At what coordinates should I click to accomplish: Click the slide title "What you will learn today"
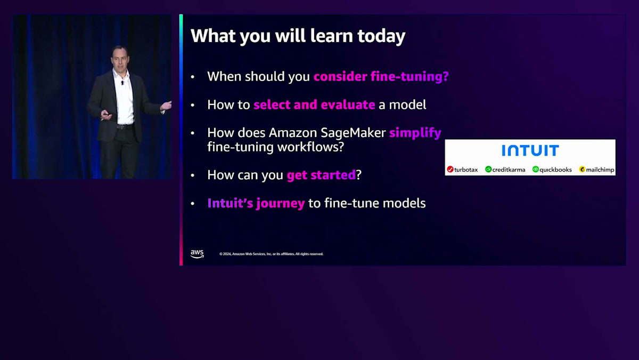coord(298,36)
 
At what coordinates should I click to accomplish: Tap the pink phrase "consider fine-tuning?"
coord(381,77)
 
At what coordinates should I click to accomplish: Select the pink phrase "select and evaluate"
coord(314,105)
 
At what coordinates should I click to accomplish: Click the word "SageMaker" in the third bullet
coord(353,133)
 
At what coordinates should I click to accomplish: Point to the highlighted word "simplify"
coord(415,133)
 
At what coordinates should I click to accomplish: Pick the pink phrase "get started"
coord(321,175)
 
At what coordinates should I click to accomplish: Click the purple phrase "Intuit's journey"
coord(256,203)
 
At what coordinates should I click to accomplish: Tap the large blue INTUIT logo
coord(530,150)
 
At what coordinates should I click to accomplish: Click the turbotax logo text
coord(466,170)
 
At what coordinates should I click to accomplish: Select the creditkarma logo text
coord(509,170)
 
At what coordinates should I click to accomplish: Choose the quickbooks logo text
coord(555,170)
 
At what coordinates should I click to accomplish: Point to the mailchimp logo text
coord(600,170)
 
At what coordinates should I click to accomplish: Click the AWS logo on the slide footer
coord(197,254)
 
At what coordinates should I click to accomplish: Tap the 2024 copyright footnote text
coord(271,254)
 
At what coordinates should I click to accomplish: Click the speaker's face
coord(120,59)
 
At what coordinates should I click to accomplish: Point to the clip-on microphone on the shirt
coord(122,83)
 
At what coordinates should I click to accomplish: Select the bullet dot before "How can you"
coord(193,175)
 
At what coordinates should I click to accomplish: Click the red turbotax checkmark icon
coord(450,170)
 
